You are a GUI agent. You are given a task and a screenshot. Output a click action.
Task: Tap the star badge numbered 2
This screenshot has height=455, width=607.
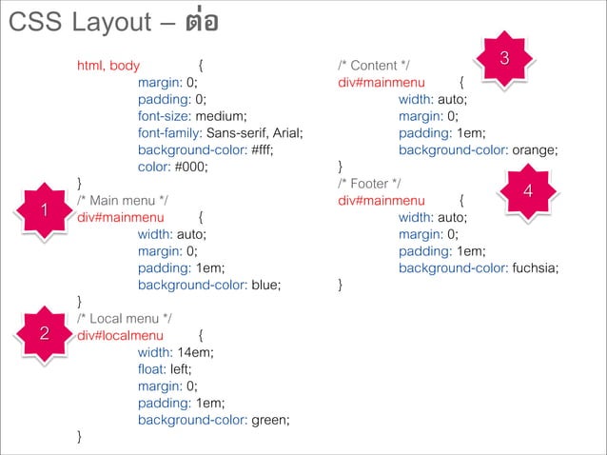[44, 333]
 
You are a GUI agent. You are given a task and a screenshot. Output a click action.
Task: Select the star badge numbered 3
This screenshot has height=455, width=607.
[503, 59]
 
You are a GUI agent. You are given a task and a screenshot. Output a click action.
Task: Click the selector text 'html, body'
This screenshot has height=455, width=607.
[108, 66]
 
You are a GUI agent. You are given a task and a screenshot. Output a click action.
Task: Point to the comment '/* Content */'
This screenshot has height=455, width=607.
[374, 66]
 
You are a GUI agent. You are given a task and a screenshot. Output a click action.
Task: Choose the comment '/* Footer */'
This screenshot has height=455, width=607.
[371, 183]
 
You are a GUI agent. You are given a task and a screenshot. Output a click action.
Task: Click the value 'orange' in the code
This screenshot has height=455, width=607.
[534, 149]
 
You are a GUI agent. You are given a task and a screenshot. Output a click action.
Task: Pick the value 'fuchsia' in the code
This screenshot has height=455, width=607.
[535, 267]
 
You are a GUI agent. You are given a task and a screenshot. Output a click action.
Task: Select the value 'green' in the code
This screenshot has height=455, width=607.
[269, 418]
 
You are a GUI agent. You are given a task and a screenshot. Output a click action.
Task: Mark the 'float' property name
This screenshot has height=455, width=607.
[151, 368]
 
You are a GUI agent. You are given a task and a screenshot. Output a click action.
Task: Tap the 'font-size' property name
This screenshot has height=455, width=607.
[165, 116]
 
